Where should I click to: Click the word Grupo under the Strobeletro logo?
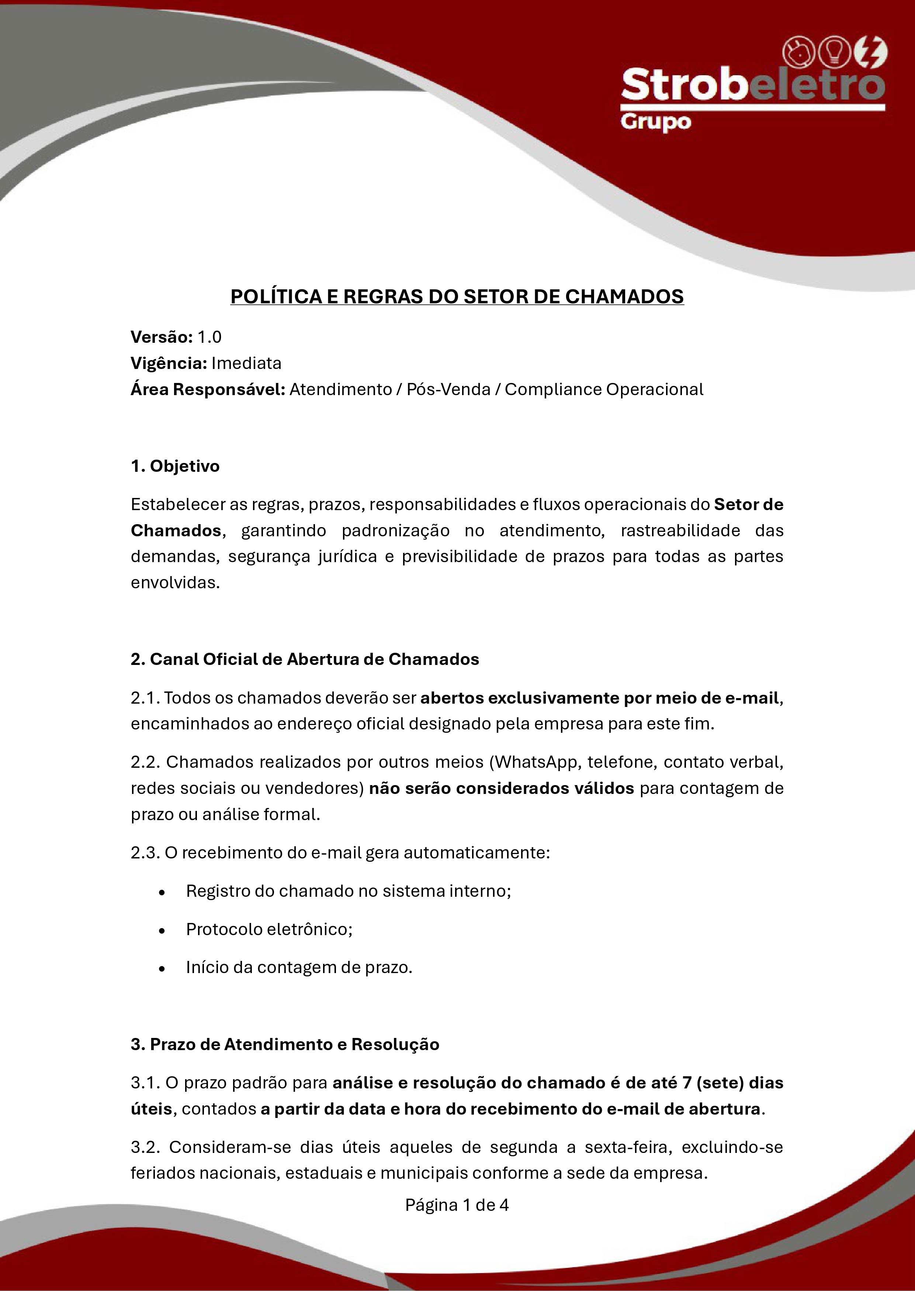pos(655,122)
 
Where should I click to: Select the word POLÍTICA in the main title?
pos(277,297)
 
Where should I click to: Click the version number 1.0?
pos(209,337)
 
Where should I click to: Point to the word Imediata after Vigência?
pos(246,363)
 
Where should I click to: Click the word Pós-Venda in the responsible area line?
pos(448,390)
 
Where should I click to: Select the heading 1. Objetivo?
pos(175,466)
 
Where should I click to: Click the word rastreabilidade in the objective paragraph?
pos(680,530)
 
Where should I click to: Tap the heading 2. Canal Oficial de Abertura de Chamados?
pos(305,659)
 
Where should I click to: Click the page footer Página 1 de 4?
pos(457,1205)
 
